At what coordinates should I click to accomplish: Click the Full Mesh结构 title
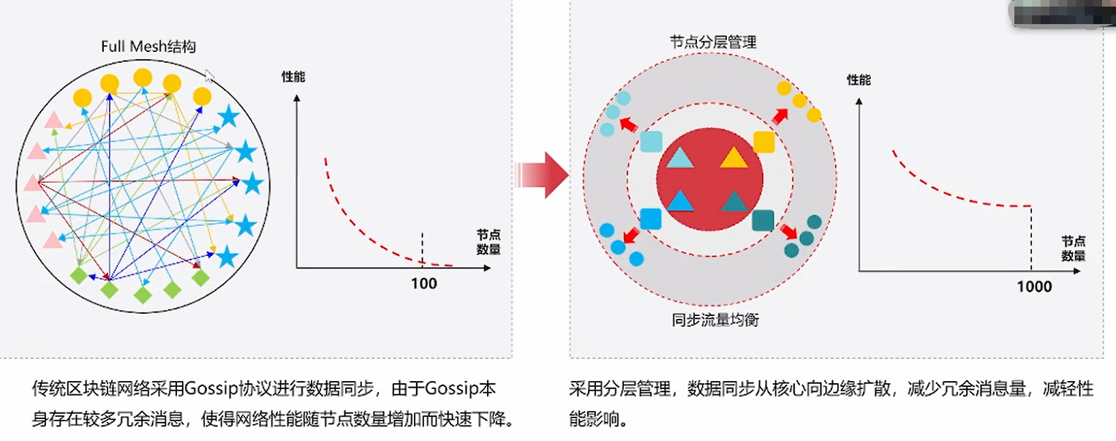click(148, 47)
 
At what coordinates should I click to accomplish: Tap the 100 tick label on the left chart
click(424, 283)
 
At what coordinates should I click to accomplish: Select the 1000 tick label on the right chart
click(1034, 286)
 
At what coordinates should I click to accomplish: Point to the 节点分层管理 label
click(713, 42)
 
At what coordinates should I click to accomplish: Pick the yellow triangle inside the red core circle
click(733, 157)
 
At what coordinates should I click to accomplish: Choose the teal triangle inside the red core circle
click(733, 201)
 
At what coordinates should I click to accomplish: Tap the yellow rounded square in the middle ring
click(764, 142)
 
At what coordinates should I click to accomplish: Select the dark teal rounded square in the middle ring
click(763, 220)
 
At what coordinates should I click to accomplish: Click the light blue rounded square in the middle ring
click(650, 141)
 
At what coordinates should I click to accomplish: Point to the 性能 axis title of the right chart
click(859, 80)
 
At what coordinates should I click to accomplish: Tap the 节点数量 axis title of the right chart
click(1074, 248)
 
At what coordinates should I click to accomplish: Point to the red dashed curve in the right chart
click(943, 192)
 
